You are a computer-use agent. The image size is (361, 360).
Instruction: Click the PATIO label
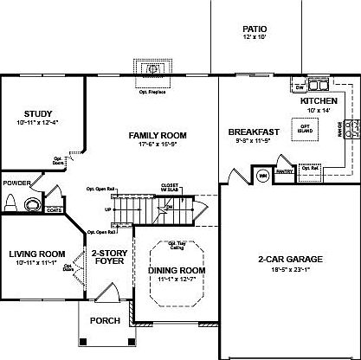pyautogui.click(x=254, y=29)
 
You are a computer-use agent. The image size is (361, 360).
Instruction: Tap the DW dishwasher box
pyautogui.click(x=299, y=87)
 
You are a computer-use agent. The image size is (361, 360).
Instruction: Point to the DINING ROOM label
pyautogui.click(x=176, y=271)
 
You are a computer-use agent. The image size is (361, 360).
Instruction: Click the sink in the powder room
pyautogui.click(x=33, y=204)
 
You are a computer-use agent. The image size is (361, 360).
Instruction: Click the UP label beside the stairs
pyautogui.click(x=107, y=209)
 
